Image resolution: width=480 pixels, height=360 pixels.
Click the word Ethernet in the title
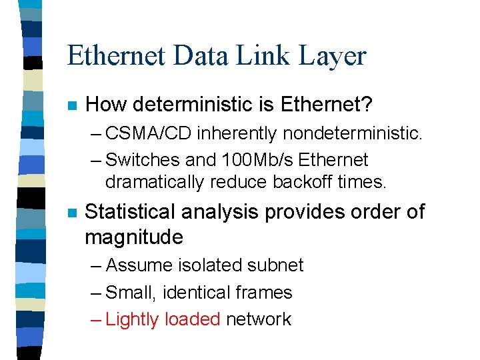point(116,57)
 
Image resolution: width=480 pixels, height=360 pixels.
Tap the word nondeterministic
point(352,133)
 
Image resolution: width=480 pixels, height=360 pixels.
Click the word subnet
point(277,265)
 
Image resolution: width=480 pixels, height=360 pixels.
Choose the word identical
point(193,293)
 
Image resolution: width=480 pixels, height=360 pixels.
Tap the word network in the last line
point(259,319)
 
